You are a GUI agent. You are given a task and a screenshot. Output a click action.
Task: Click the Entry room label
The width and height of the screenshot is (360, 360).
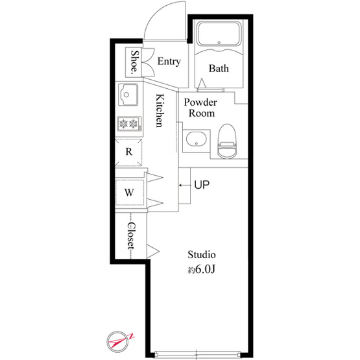pos(169,62)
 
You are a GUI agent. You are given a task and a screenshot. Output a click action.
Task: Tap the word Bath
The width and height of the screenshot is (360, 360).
pos(219,68)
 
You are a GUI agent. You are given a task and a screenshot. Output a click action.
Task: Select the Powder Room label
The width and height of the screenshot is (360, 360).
pos(200,108)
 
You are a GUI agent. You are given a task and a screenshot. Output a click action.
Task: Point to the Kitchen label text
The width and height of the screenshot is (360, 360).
pos(160,110)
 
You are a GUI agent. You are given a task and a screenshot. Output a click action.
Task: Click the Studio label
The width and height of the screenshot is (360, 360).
pos(202,255)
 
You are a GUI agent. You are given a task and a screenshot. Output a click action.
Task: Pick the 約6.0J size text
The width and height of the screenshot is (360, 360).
pos(201,270)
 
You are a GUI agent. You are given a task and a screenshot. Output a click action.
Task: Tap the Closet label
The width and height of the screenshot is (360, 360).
pos(131,235)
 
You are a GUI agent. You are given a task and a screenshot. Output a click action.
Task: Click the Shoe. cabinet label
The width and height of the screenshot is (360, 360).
pos(135,62)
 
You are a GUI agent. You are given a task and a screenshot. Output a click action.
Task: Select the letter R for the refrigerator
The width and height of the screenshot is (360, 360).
pos(129,152)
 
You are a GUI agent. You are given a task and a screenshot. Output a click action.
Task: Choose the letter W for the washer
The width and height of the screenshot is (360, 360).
pos(129,193)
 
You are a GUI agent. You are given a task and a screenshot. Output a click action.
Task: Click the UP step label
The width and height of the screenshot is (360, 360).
pos(202,185)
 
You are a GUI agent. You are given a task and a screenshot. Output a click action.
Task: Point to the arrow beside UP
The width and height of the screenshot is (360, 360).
pos(185,185)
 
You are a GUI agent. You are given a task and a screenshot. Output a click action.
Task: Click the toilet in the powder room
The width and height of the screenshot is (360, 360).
pos(227,141)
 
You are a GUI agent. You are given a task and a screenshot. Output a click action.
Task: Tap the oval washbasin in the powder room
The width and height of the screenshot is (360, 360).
pos(197,139)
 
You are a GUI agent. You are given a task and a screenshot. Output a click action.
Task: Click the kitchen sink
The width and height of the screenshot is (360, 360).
pos(128,95)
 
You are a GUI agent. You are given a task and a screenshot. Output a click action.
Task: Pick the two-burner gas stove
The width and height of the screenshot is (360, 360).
pos(130,124)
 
